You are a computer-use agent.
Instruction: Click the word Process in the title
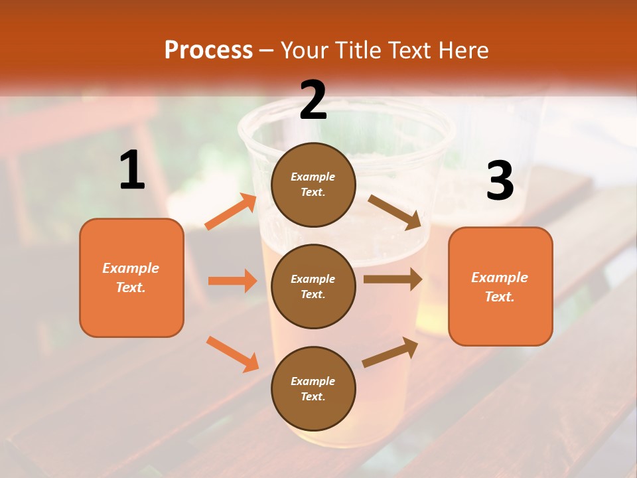208,50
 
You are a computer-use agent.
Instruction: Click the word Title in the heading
356,50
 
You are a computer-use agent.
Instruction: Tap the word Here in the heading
462,50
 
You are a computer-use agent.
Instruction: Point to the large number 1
132,171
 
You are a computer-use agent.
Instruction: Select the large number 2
313,100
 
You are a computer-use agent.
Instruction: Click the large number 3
500,181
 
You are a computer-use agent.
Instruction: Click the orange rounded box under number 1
131,278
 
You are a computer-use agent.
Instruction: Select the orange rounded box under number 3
500,286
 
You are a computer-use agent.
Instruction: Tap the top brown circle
313,185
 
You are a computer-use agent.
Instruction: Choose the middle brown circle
313,286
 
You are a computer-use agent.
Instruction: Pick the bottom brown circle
313,388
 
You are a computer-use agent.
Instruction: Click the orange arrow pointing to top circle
231,212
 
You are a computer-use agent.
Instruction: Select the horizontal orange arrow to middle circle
232,281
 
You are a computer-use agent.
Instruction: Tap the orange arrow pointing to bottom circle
232,353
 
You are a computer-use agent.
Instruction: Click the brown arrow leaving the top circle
395,212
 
